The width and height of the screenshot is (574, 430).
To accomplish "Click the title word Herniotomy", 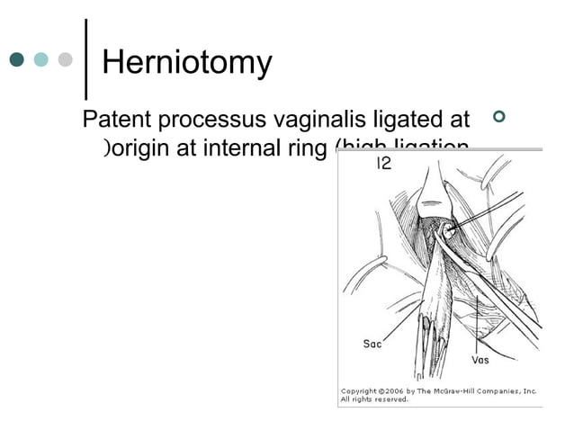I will pyautogui.click(x=187, y=62).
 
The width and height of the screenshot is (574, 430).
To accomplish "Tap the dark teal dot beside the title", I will pyautogui.click(x=18, y=59).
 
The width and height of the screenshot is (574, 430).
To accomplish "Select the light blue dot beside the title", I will pyautogui.click(x=40, y=59).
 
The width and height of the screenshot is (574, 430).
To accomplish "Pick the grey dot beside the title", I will pyautogui.click(x=63, y=59).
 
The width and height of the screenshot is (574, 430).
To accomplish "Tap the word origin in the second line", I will pyautogui.click(x=141, y=149).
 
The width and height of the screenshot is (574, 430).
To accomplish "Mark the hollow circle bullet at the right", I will pyautogui.click(x=501, y=118).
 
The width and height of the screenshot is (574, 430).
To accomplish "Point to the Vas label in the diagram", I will pyautogui.click(x=480, y=360).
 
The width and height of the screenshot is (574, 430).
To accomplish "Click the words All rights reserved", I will pyautogui.click(x=374, y=400).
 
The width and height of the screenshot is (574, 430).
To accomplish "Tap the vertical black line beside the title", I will pyautogui.click(x=85, y=59).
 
